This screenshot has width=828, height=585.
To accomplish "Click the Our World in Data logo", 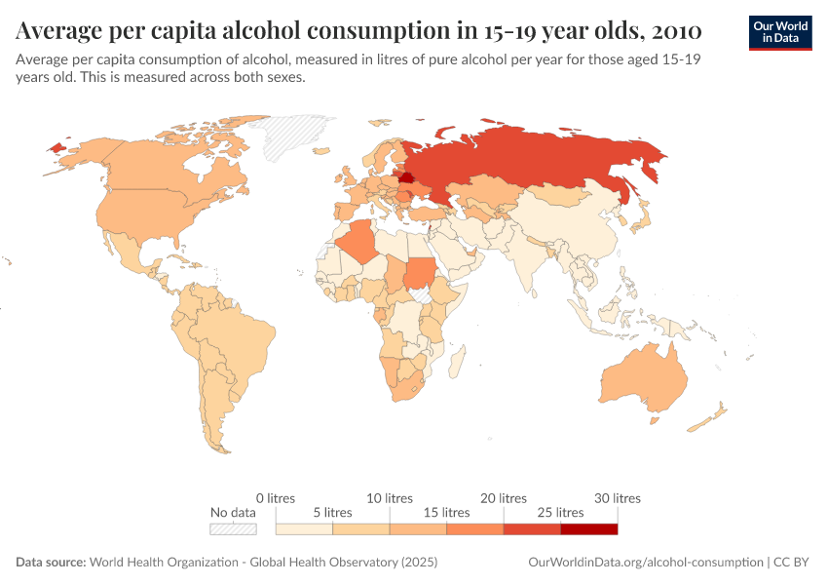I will [779, 32].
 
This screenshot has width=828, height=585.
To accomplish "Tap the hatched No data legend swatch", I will [233, 529].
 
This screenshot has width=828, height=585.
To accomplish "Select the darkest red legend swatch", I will [589, 529].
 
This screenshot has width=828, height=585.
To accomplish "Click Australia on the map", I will [643, 380].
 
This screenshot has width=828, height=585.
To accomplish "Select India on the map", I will [529, 263].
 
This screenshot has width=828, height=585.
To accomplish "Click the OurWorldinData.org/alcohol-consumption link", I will [645, 563].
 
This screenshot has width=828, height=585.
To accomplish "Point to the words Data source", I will [51, 563].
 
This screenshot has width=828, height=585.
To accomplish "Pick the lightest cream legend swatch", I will [304, 529].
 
